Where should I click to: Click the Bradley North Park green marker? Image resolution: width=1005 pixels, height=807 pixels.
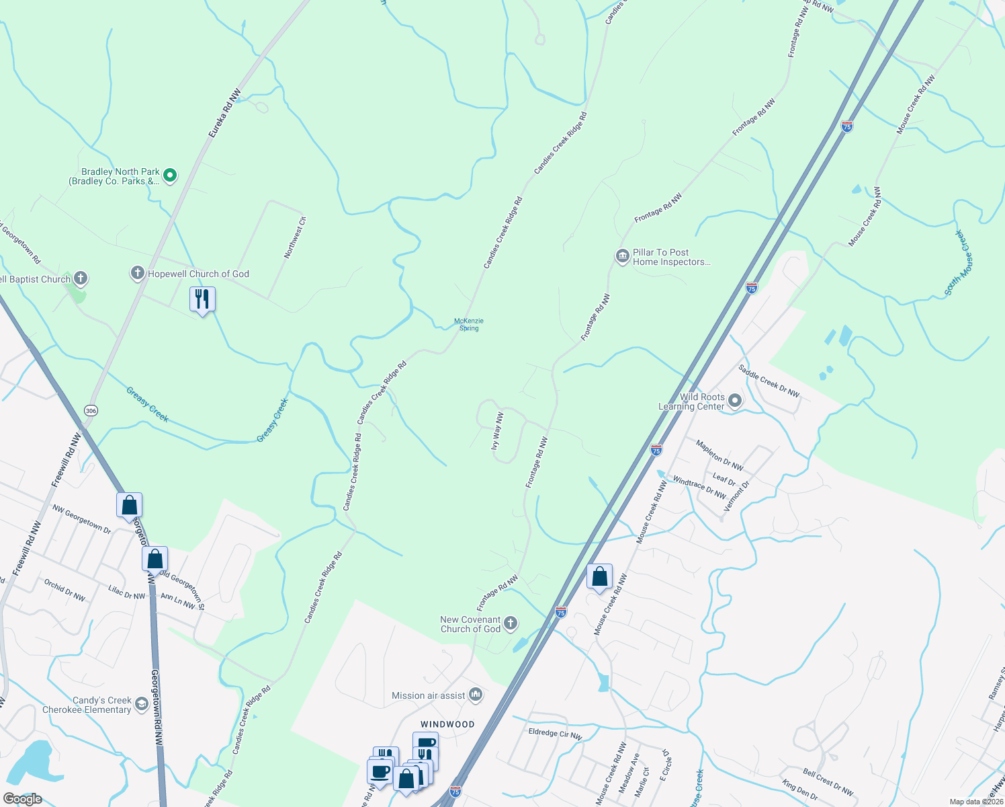170,176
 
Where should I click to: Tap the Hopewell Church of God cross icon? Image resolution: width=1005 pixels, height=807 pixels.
138,273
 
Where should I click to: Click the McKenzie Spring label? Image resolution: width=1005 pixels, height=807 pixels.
469,324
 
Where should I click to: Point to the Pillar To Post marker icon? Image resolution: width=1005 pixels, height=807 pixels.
622,256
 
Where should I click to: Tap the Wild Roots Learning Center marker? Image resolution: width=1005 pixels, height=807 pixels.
735,401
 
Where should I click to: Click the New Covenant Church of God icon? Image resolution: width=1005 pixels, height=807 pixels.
511,623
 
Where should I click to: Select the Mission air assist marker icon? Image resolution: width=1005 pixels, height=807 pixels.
476,695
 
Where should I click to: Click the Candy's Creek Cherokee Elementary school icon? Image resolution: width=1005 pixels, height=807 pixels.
141,704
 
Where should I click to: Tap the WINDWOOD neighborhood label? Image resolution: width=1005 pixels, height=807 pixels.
447,724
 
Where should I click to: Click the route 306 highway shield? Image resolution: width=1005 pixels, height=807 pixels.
91,410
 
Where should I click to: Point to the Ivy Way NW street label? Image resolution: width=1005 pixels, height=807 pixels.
497,431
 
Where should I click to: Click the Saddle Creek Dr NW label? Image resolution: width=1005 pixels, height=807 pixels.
769,381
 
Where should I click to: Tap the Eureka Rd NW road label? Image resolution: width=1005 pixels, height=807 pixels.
224,115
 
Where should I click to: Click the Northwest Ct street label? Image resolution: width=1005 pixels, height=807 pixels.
294,237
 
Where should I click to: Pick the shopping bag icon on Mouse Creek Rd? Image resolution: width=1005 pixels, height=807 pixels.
599,576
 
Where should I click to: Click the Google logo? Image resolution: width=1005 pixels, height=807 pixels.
22,799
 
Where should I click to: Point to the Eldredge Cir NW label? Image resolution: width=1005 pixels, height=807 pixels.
555,734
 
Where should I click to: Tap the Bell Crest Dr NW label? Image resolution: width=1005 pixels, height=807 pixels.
828,782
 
